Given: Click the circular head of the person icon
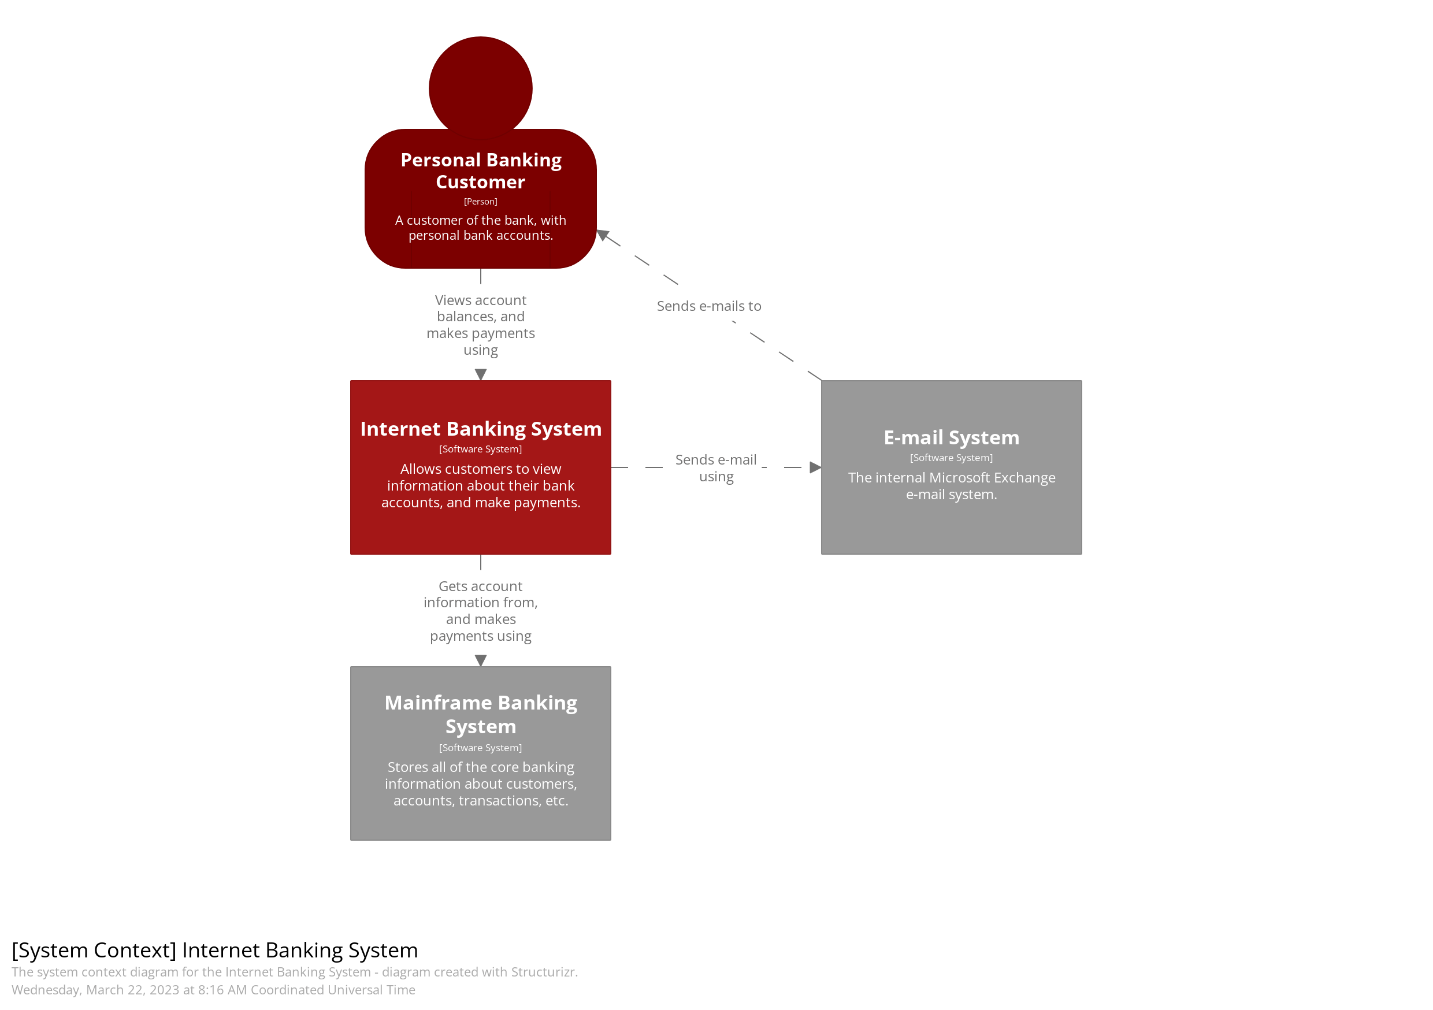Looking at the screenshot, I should coord(480,87).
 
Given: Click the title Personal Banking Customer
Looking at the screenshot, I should coord(481,170).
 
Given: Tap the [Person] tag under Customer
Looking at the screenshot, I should coord(480,202).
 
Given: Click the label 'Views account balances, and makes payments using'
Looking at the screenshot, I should coord(480,325).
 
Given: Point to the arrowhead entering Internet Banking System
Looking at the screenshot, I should coord(480,374).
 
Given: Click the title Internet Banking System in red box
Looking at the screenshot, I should coord(481,429).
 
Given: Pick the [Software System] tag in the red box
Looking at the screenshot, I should coord(480,449).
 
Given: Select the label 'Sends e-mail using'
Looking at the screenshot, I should coord(716,467).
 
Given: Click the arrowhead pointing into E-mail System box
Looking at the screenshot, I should coord(815,467).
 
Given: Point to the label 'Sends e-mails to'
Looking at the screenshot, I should coord(708,306).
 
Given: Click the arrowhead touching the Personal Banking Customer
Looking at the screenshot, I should coord(603,235).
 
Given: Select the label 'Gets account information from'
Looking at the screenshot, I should coord(480,594).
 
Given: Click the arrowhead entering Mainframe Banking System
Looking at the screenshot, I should coord(480,660).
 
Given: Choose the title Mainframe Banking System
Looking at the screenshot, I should coord(481,714).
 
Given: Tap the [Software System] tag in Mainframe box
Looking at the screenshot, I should coord(480,747).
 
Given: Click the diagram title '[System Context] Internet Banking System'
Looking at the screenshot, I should coord(215,949).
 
